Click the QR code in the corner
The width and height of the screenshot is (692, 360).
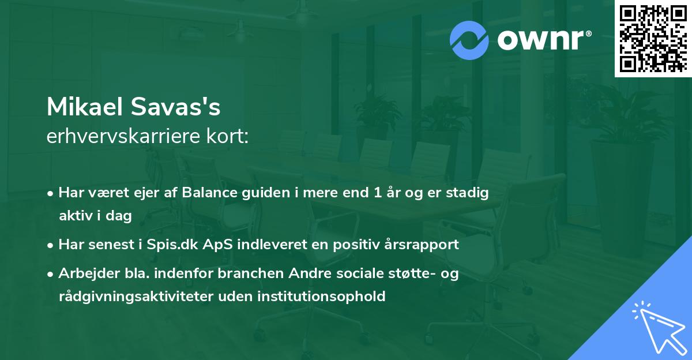click(653, 39)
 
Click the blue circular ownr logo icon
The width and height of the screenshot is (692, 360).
click(470, 40)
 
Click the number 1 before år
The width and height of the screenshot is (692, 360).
click(377, 193)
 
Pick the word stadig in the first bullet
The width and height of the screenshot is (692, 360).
click(468, 193)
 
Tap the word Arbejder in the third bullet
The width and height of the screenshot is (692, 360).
click(84, 273)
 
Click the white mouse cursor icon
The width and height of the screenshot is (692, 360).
click(657, 327)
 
